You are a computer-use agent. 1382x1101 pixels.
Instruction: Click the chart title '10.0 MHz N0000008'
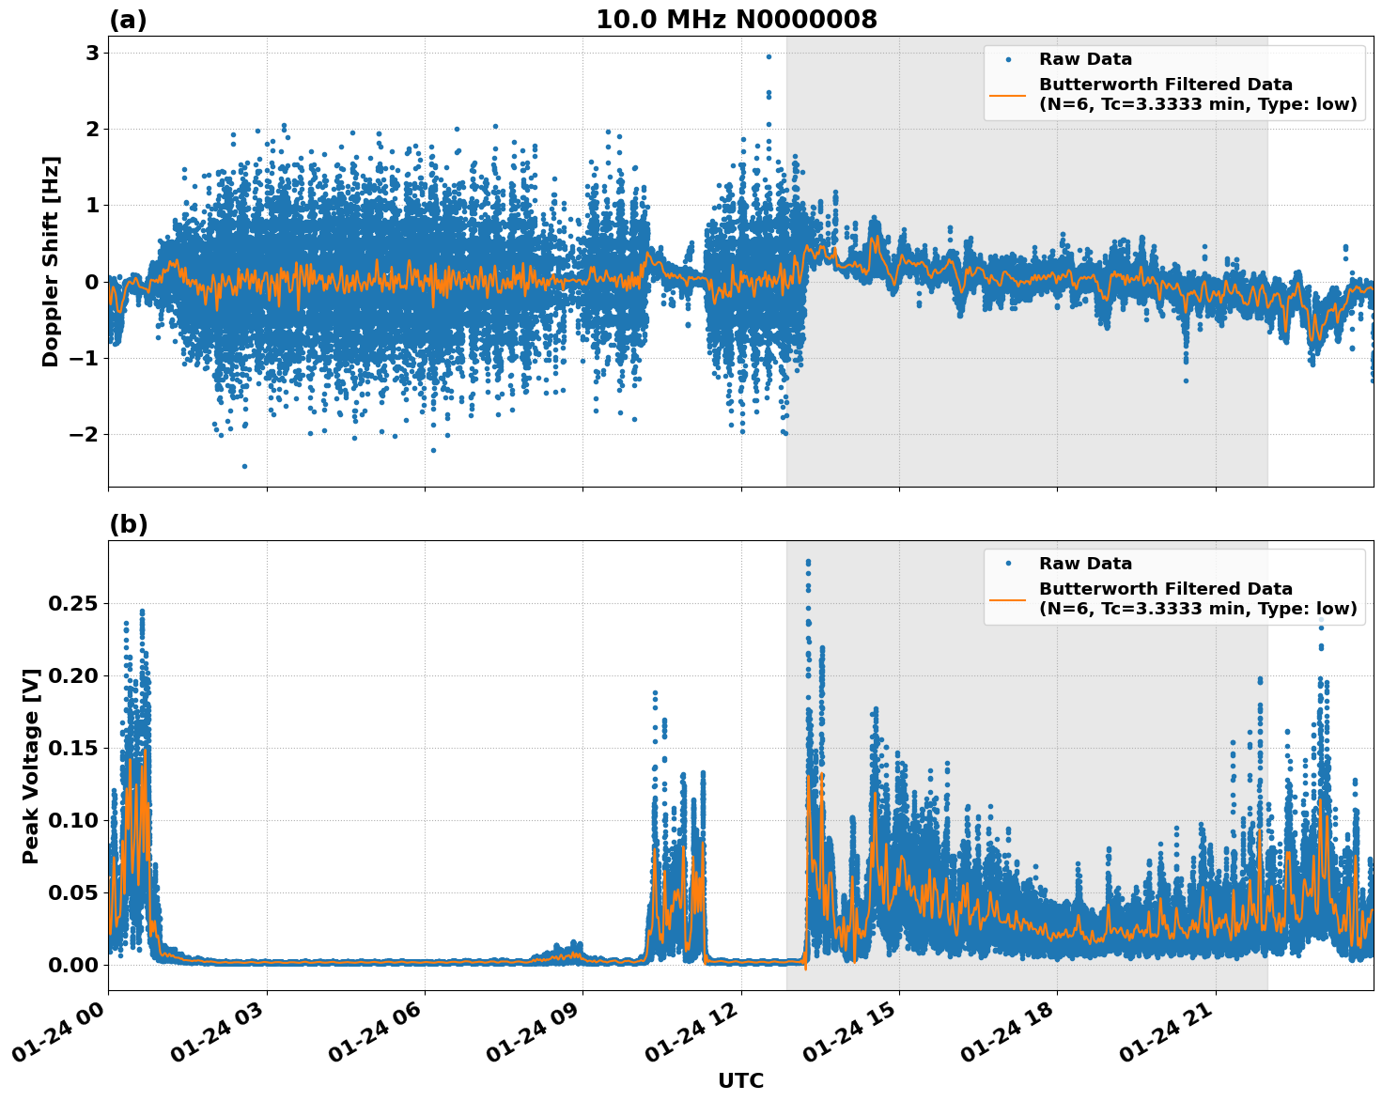tap(736, 20)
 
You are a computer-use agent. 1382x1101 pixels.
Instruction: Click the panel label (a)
tap(128, 20)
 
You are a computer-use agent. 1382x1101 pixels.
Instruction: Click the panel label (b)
tap(128, 524)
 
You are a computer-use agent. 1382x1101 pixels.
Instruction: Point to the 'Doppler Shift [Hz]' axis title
tap(51, 261)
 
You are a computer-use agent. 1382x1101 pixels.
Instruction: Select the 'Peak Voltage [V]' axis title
tap(31, 766)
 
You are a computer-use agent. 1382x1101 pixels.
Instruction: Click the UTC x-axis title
tap(740, 1080)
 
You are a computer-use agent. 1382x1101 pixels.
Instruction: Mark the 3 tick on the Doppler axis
tap(92, 53)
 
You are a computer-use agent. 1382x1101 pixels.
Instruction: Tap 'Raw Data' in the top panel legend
tap(1085, 59)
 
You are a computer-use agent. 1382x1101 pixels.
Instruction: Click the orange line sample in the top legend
tap(1007, 94)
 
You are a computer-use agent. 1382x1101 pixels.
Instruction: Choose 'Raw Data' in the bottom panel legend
tap(1085, 564)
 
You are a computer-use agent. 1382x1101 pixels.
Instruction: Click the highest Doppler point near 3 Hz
tap(769, 56)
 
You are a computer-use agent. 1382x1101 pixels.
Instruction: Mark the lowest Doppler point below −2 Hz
tap(244, 466)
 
